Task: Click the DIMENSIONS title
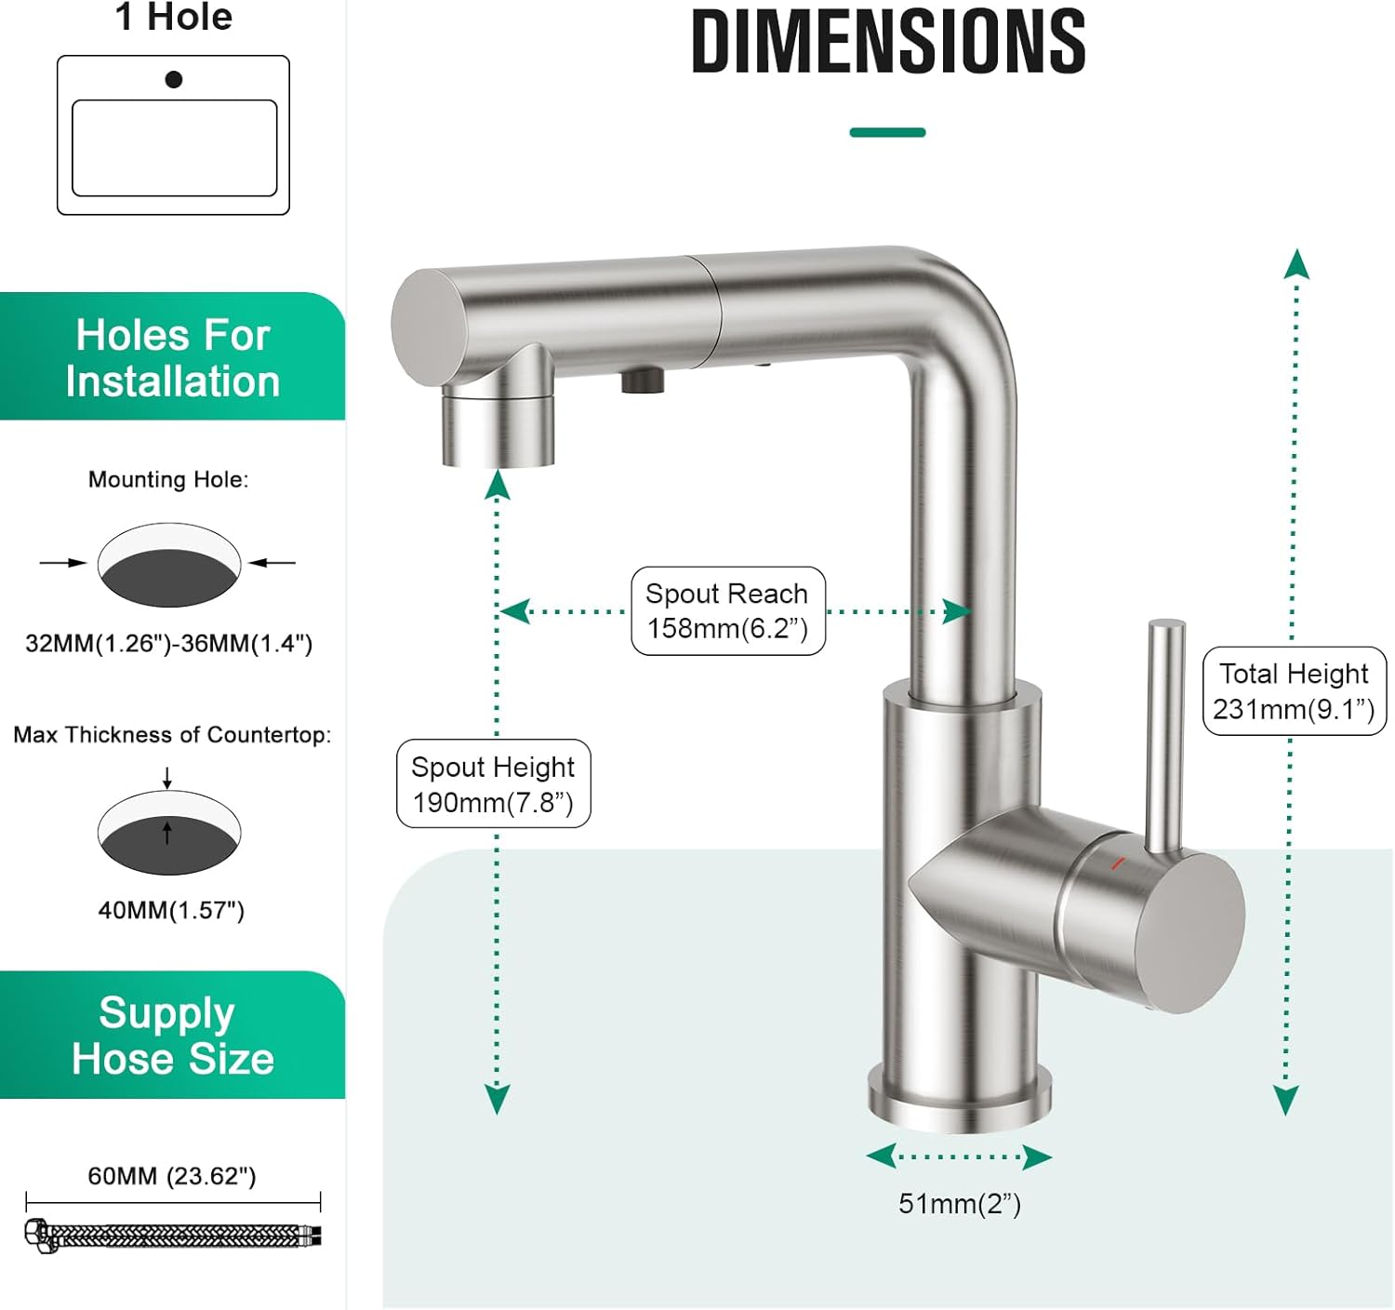(888, 42)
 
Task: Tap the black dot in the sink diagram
(174, 79)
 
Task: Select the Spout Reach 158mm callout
(728, 610)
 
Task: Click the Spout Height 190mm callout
(494, 783)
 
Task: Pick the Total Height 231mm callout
(1295, 691)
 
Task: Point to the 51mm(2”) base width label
(960, 1204)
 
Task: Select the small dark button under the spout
(643, 381)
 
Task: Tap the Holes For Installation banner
(173, 356)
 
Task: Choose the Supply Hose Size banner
(173, 1035)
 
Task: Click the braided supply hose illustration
(173, 1236)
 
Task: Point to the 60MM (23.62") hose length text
(172, 1176)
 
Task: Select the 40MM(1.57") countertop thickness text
(171, 911)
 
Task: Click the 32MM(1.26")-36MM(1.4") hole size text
(168, 644)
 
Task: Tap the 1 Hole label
(174, 17)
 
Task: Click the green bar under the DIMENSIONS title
(888, 132)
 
